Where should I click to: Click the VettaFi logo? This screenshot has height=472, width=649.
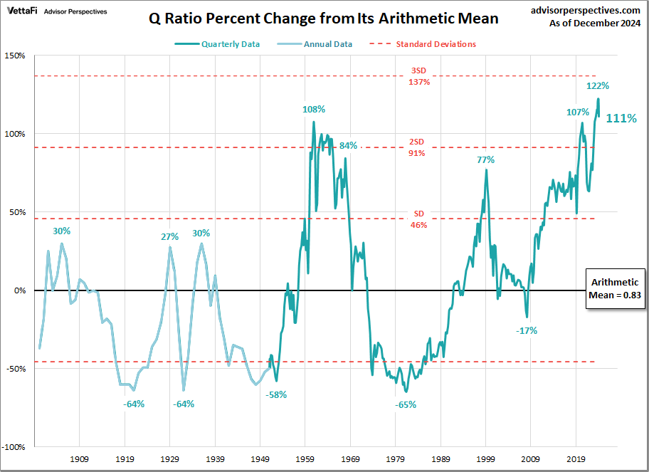pos(22,11)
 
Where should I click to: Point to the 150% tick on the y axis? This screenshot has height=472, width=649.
pos(15,56)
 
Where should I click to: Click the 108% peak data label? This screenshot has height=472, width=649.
pos(314,110)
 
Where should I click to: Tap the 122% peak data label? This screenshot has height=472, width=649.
pos(597,86)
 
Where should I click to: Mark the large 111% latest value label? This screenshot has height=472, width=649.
pos(621,119)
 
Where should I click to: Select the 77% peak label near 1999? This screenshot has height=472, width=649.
pos(486,160)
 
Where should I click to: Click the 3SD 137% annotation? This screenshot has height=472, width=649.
pos(419,76)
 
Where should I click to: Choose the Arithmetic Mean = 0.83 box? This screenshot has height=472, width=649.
pos(616,289)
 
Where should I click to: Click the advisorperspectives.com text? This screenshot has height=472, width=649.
pos(586,10)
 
